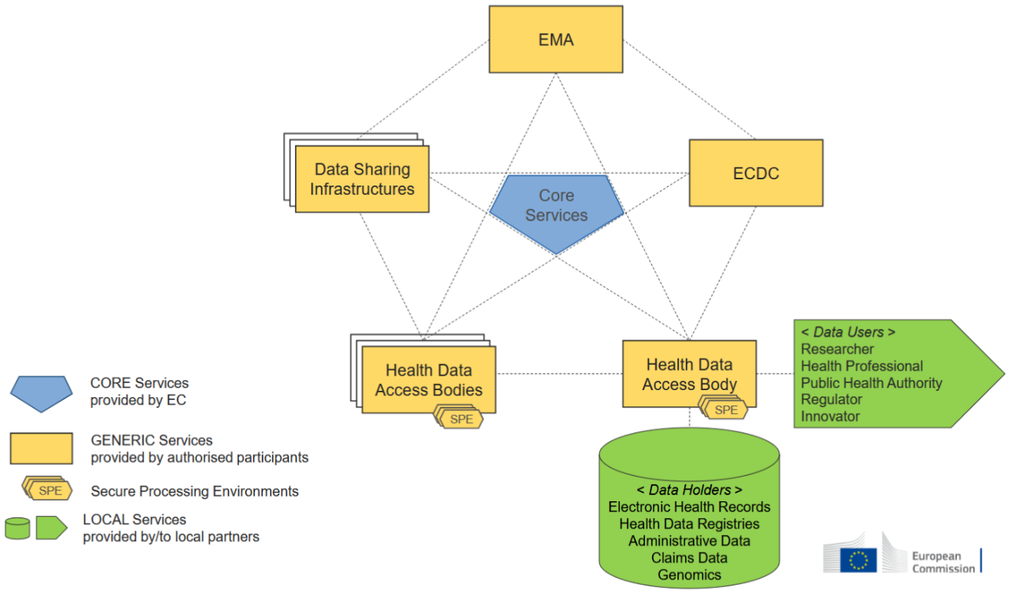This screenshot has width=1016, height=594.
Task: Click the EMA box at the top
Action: click(556, 39)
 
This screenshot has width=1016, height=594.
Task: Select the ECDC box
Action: click(755, 173)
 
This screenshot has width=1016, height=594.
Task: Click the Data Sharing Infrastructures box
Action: click(362, 179)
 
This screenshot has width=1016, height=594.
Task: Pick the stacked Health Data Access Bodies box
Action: click(428, 379)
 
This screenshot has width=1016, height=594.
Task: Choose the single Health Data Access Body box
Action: click(689, 374)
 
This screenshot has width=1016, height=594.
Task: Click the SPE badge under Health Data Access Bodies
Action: click(460, 419)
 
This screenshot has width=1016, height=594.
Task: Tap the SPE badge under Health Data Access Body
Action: click(726, 410)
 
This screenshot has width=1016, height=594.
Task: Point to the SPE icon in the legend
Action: click(49, 491)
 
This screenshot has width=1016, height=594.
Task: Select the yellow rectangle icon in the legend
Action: click(41, 448)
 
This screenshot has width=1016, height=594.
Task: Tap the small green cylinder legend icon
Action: click(18, 528)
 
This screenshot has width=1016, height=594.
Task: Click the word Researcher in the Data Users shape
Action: click(837, 349)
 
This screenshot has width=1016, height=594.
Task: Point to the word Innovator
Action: click(831, 416)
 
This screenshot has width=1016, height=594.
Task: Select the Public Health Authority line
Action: click(871, 382)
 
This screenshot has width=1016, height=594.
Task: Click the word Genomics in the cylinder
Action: click(689, 574)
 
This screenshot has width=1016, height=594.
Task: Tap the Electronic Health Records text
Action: click(689, 507)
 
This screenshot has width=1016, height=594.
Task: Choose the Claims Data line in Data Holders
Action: click(689, 557)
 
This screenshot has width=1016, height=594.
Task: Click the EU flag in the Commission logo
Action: click(858, 560)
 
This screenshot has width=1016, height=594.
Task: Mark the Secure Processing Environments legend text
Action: click(195, 491)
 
